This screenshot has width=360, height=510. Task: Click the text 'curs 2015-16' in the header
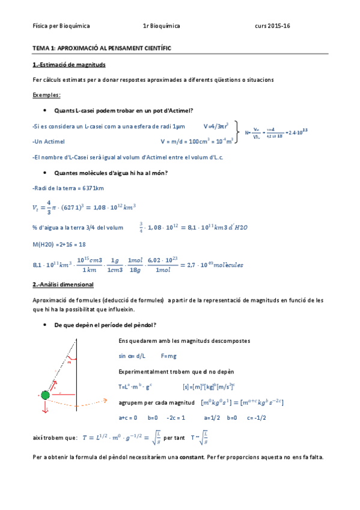pos(272,26)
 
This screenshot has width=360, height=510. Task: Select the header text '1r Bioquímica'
pos(162,26)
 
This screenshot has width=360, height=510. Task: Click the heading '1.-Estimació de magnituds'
pos(70,64)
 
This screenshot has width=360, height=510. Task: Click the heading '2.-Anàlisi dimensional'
pos(66,284)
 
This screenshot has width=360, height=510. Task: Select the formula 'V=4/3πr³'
pos(216,126)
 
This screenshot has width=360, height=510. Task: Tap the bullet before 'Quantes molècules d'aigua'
pos(46,173)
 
